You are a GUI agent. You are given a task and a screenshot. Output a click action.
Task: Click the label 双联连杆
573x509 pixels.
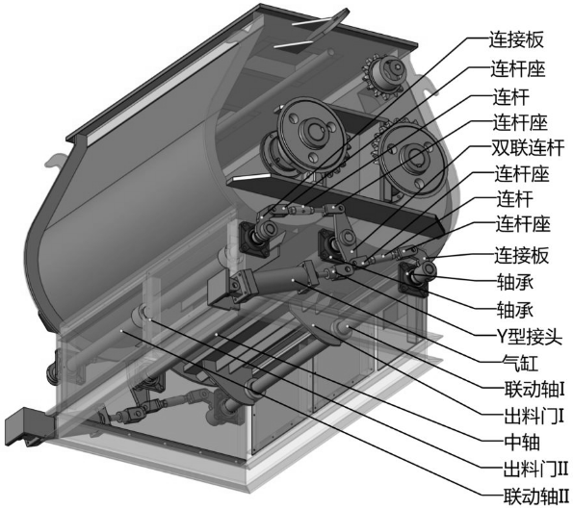528,149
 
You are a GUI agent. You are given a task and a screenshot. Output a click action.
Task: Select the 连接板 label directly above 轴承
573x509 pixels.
519,255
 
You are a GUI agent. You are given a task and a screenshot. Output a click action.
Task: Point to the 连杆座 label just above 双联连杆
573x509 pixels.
519,123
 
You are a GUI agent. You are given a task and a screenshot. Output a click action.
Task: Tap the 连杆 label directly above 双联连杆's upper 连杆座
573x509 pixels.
510,96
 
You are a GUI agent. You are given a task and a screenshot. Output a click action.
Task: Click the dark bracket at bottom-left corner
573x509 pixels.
23,424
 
